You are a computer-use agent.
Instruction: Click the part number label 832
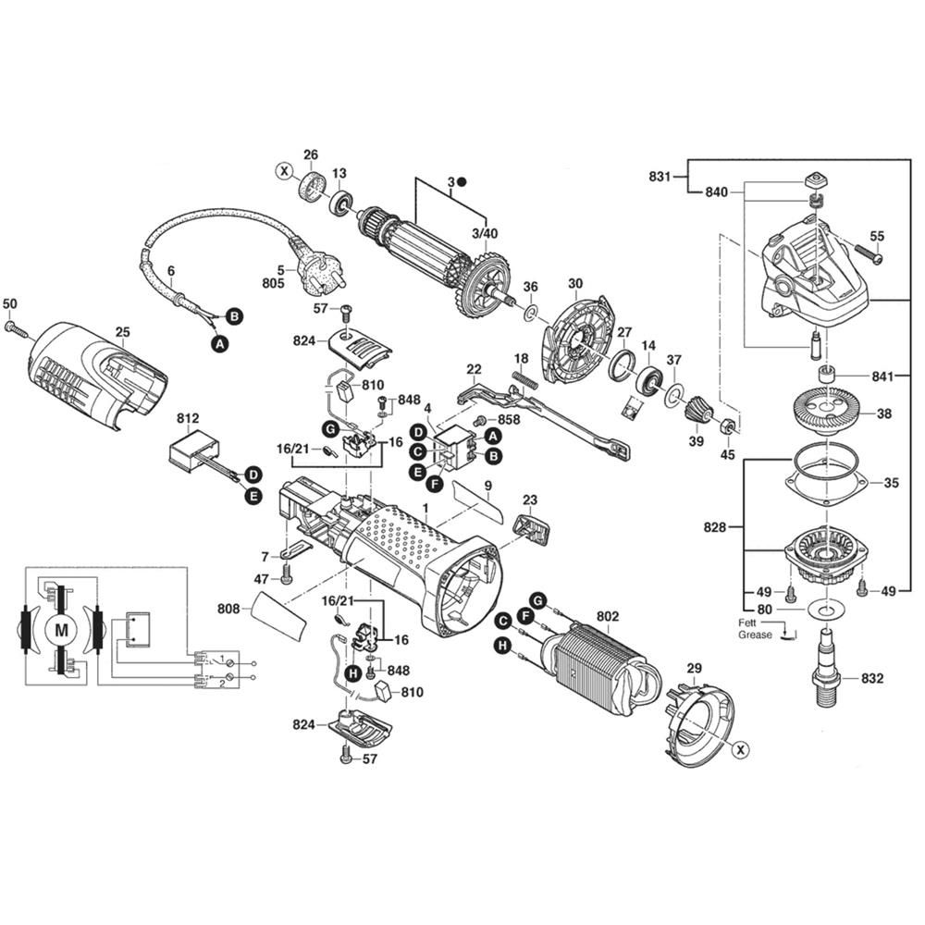point(871,678)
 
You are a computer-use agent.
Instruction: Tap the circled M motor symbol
point(62,631)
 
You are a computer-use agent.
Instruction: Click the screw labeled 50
point(13,327)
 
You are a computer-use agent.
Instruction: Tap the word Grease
point(755,635)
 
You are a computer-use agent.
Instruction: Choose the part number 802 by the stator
point(608,615)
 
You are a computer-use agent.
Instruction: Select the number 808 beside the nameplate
point(228,609)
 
